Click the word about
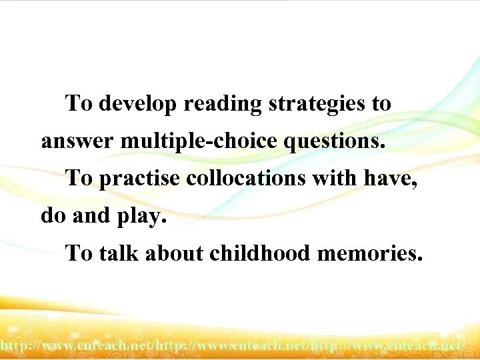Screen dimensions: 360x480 click(175, 253)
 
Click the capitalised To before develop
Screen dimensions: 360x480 click(79, 105)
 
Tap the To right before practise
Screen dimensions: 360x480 click(79, 179)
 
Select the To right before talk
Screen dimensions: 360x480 click(79, 253)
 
